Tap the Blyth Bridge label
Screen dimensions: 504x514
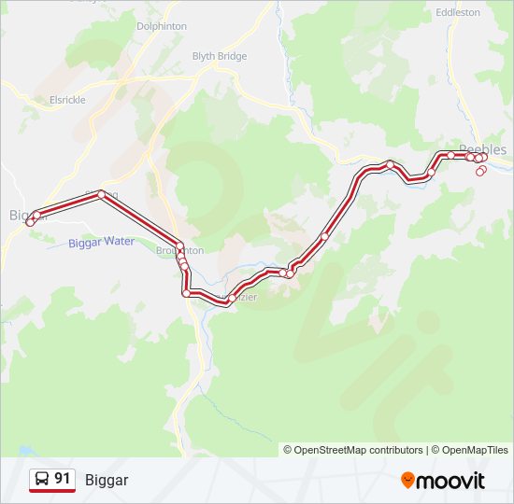tap(220, 56)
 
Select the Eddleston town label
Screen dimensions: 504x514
tap(457, 12)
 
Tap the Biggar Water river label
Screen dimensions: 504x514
tap(102, 242)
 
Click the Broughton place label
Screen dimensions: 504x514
tap(179, 251)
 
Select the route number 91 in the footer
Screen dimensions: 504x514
tap(63, 479)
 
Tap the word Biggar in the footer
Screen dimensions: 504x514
tap(107, 480)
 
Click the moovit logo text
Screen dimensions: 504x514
tap(450, 481)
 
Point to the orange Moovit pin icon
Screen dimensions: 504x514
tap(407, 480)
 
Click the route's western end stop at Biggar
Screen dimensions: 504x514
tap(30, 222)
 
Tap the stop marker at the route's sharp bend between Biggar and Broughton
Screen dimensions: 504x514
tap(101, 194)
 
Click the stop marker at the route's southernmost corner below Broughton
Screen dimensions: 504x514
tap(187, 293)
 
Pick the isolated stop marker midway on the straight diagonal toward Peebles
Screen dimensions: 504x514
tap(324, 236)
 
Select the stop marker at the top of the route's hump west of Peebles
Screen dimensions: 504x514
tap(390, 164)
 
